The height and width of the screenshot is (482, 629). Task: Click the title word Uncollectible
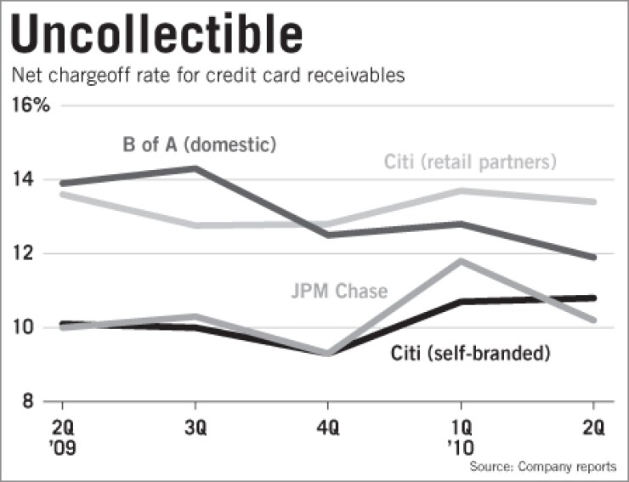pyautogui.click(x=159, y=35)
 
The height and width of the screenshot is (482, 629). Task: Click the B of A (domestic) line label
pyautogui.click(x=198, y=145)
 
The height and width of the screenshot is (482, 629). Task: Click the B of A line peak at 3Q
pyautogui.click(x=196, y=168)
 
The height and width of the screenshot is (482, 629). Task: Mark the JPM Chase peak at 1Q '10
pyautogui.click(x=461, y=261)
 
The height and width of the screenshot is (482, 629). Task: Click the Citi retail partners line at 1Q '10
pyautogui.click(x=461, y=190)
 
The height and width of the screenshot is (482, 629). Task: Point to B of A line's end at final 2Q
pyautogui.click(x=593, y=257)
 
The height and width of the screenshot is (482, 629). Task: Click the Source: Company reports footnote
pyautogui.click(x=542, y=468)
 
